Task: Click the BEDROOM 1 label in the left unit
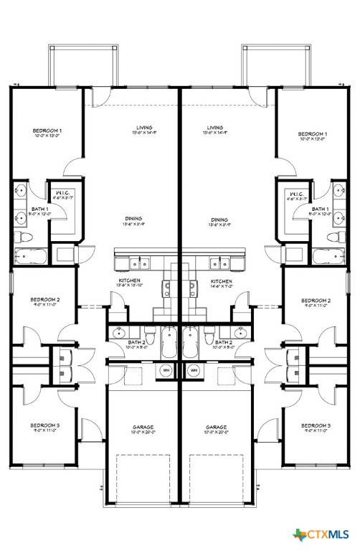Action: [47, 131]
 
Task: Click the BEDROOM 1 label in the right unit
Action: [313, 134]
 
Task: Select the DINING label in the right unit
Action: [219, 220]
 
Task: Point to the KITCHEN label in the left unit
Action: [130, 281]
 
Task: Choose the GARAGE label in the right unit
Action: [217, 428]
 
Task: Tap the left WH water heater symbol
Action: [166, 370]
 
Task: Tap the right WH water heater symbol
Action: [194, 370]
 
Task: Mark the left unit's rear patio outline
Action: [83, 65]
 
